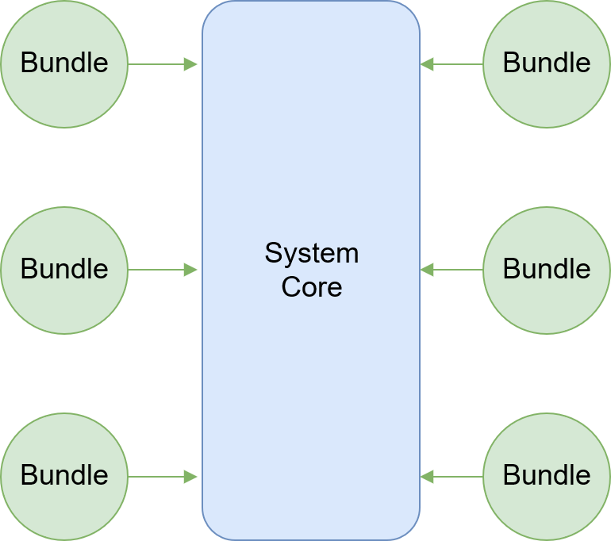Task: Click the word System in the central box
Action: (x=311, y=254)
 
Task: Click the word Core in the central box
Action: (x=311, y=286)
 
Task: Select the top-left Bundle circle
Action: (x=63, y=63)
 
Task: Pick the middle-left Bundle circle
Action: (x=63, y=270)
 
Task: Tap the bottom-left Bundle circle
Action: (x=63, y=476)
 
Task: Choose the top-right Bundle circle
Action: (x=547, y=63)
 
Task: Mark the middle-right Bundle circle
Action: (x=547, y=270)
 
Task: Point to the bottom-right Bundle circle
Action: (x=547, y=476)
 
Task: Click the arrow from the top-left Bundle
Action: (x=159, y=64)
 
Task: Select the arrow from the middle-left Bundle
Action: (x=159, y=270)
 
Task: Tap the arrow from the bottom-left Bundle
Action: (x=159, y=477)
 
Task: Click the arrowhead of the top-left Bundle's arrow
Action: (x=190, y=64)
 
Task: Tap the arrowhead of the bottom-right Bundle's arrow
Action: (x=428, y=477)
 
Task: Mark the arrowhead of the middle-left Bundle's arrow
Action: (x=190, y=270)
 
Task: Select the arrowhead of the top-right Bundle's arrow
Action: (x=428, y=64)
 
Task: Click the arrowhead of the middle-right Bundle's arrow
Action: (x=428, y=270)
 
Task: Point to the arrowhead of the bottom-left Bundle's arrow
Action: (x=190, y=477)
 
